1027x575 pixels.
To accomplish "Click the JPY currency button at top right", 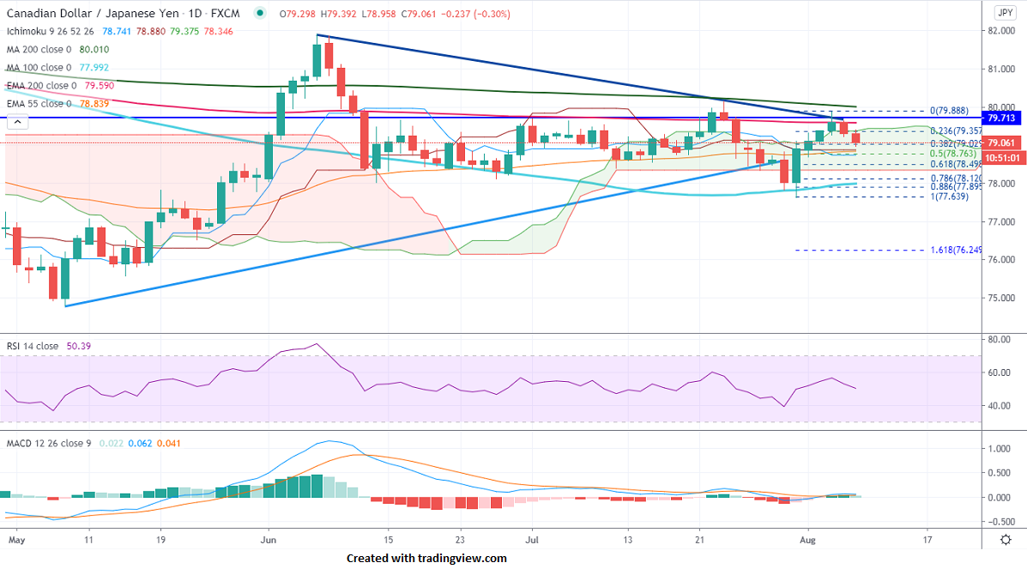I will (1005, 12).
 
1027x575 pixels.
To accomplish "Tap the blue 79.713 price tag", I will (1002, 118).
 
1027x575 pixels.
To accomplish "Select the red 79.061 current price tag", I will (1002, 143).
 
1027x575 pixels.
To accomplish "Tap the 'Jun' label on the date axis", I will (269, 541).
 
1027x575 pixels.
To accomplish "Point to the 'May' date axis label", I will (16, 541).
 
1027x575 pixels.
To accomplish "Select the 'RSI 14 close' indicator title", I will (33, 346).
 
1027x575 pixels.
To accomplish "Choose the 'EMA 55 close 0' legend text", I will (39, 103).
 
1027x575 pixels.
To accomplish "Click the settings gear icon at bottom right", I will (1005, 540).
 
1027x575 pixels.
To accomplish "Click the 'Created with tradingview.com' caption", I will (426, 559).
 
